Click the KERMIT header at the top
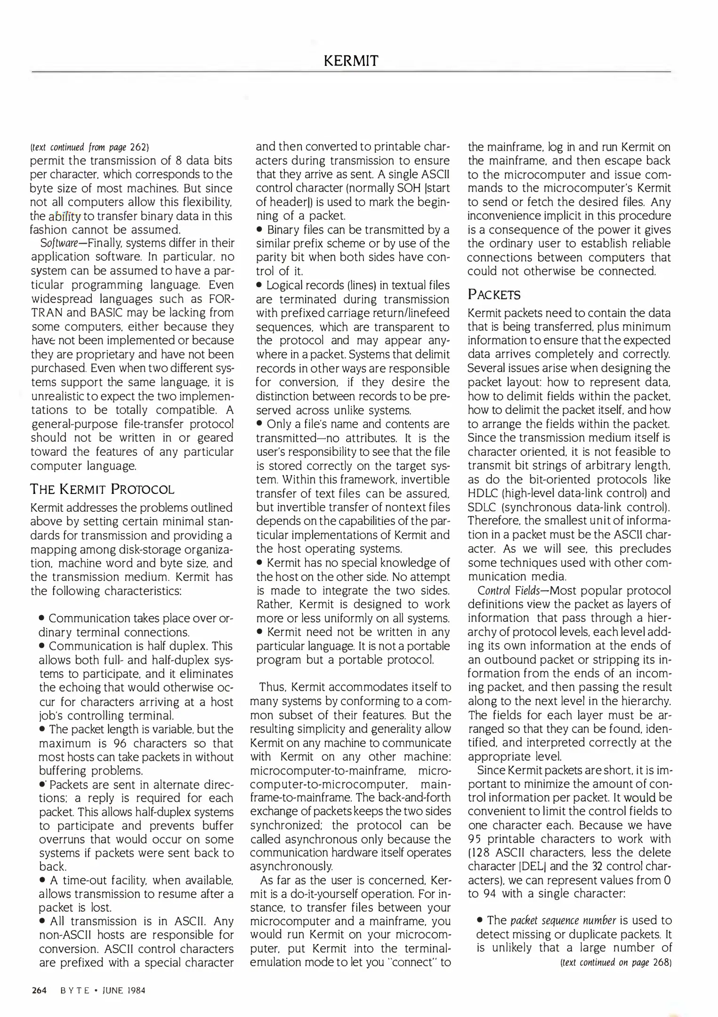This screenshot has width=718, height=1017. tap(351, 61)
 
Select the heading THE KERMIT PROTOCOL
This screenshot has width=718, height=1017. tap(102, 489)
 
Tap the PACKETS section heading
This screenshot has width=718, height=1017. tap(494, 295)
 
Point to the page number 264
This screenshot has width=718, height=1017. tap(39, 990)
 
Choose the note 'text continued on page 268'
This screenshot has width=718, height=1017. tap(615, 962)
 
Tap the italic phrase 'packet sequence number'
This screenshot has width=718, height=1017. tap(563, 920)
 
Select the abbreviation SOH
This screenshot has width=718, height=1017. tap(408, 188)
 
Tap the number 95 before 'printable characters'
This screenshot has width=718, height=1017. tap(475, 839)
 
